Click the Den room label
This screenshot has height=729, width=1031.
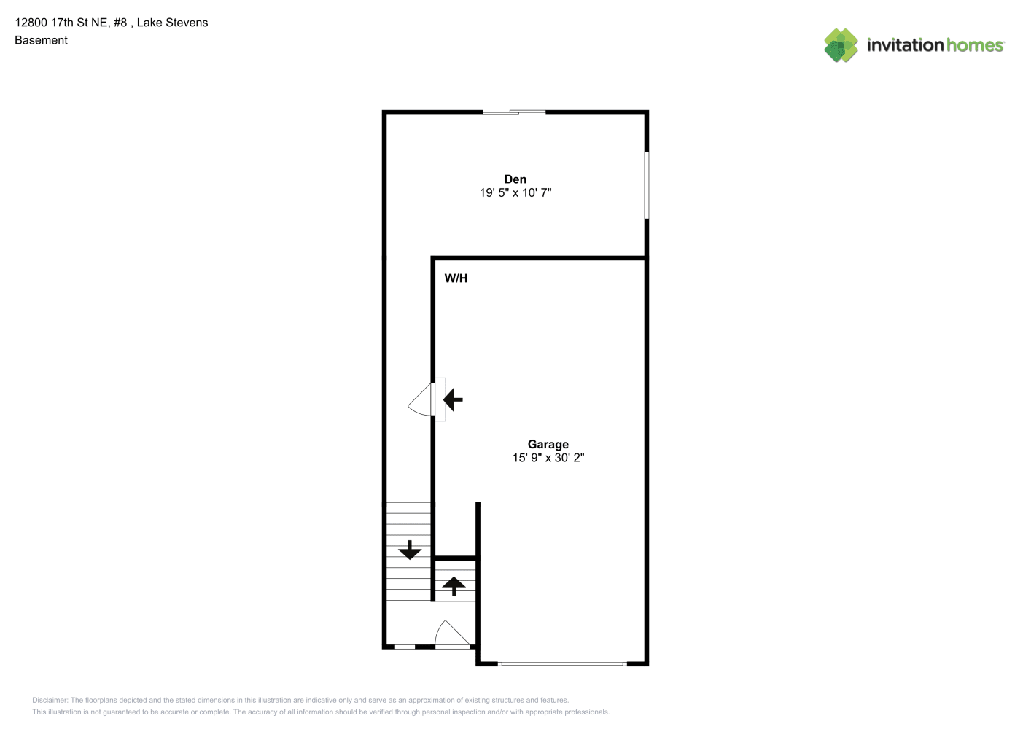[515, 179]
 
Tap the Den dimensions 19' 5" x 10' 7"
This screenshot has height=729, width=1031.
[515, 192]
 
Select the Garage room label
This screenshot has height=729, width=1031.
[548, 444]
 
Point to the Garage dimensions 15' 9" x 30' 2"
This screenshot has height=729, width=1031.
[548, 458]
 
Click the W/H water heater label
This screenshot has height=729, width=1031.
[456, 278]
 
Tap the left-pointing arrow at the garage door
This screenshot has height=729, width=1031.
[453, 399]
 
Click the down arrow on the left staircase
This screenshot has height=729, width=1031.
[410, 550]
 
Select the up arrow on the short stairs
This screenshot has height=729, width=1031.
[454, 586]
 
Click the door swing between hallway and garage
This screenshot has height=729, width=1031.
[420, 400]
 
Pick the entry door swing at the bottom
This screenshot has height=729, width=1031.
[452, 634]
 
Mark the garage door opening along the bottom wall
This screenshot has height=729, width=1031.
[562, 663]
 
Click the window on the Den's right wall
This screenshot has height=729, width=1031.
[646, 185]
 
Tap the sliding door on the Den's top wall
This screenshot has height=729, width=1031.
[513, 112]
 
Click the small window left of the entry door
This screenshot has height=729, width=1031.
[405, 647]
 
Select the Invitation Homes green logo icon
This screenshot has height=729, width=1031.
[841, 45]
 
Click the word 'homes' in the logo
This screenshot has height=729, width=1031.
[974, 45]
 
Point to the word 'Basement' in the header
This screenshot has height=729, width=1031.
[41, 41]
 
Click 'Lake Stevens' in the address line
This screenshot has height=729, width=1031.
[172, 23]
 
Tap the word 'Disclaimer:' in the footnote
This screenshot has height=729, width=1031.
[50, 700]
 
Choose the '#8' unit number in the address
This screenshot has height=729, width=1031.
[120, 23]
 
